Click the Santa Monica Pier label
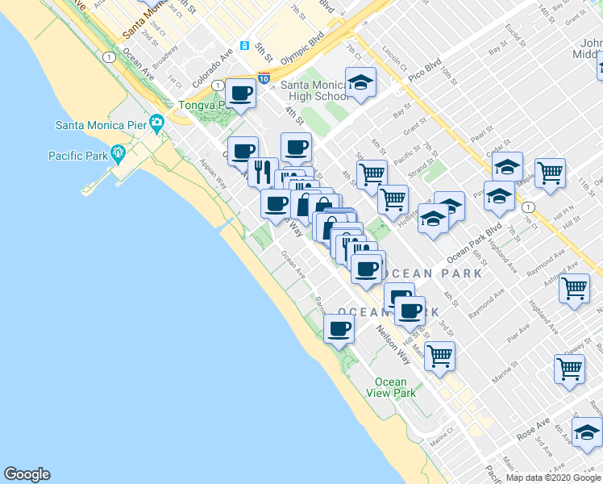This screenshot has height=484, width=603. coord(101,124)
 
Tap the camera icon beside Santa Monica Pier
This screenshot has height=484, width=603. coord(156,123)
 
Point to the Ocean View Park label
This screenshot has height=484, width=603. coord(394,387)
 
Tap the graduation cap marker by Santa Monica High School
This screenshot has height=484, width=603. coord(360,81)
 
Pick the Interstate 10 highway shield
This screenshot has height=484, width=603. coord(264,78)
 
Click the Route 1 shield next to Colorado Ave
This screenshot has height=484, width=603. coord(217,85)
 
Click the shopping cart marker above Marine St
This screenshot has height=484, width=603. coord(439,354)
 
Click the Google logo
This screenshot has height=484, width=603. coord(27,474)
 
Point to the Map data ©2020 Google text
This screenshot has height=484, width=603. coord(553,478)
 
